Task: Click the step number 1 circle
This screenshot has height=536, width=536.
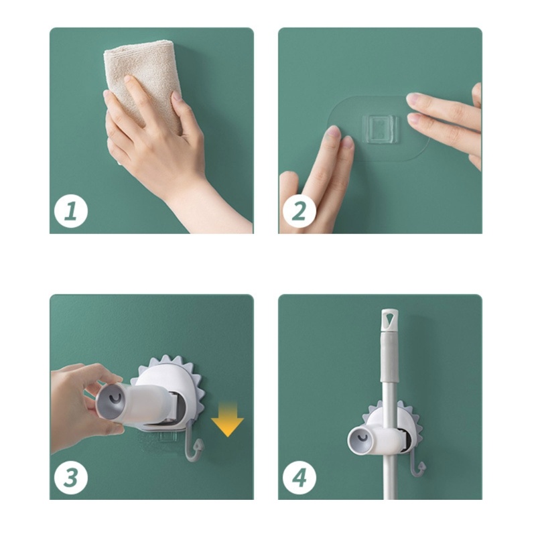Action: point(71,211)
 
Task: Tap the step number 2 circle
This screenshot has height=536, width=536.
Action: point(299,211)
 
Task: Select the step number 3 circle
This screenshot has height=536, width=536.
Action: point(71,477)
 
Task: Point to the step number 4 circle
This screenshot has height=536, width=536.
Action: point(299,477)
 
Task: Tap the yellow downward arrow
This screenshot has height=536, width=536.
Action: point(227,419)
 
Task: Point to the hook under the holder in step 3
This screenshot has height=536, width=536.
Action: point(194,444)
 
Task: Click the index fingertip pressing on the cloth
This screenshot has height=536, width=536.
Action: point(128,80)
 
